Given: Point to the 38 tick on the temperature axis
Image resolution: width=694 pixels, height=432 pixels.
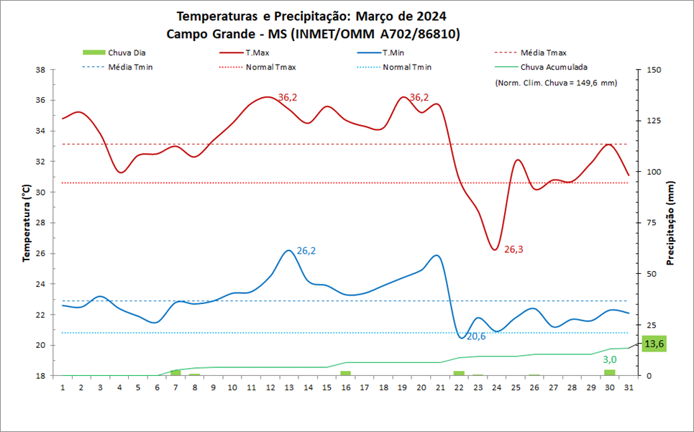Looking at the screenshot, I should [40, 70].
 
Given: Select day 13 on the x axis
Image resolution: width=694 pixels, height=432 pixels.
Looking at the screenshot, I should [289, 387].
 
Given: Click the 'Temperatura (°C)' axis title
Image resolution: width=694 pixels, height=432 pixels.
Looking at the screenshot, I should [26, 224].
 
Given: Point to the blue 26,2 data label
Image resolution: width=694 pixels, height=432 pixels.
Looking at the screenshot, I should [306, 251].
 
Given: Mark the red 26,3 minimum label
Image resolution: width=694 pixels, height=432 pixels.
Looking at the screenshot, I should [513, 249].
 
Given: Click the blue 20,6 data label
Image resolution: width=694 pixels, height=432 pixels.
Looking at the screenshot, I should [477, 336].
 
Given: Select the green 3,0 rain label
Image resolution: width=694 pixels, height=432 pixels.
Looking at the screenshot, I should [610, 359].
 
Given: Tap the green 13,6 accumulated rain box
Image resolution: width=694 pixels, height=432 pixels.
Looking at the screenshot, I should [654, 344].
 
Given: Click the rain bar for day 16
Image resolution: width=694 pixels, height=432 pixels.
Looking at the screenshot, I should [346, 373].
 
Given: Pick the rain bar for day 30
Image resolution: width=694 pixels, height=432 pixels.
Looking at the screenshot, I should [610, 372].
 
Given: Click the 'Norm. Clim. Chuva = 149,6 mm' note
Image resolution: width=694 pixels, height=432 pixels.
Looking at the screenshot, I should [556, 83].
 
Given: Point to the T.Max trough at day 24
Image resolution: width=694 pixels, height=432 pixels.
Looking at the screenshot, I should [496, 249].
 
